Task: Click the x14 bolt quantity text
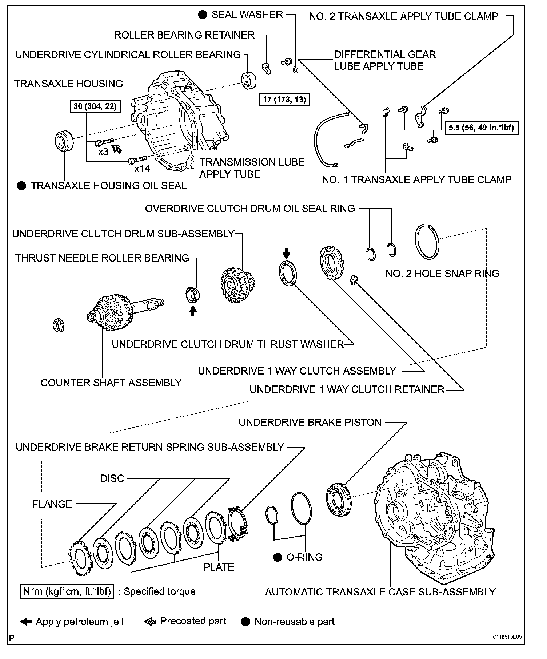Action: (142, 169)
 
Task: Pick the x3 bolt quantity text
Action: (103, 152)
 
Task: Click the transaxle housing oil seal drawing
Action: (64, 140)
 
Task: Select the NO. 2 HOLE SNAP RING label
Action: (442, 274)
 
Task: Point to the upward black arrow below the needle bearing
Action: (193, 311)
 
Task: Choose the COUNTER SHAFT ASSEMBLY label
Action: (111, 383)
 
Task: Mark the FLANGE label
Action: (52, 504)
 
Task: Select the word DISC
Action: (112, 478)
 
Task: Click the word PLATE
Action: (219, 567)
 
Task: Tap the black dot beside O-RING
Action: (278, 557)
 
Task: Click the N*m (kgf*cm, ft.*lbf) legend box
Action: (67, 591)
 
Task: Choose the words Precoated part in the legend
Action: (193, 621)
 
